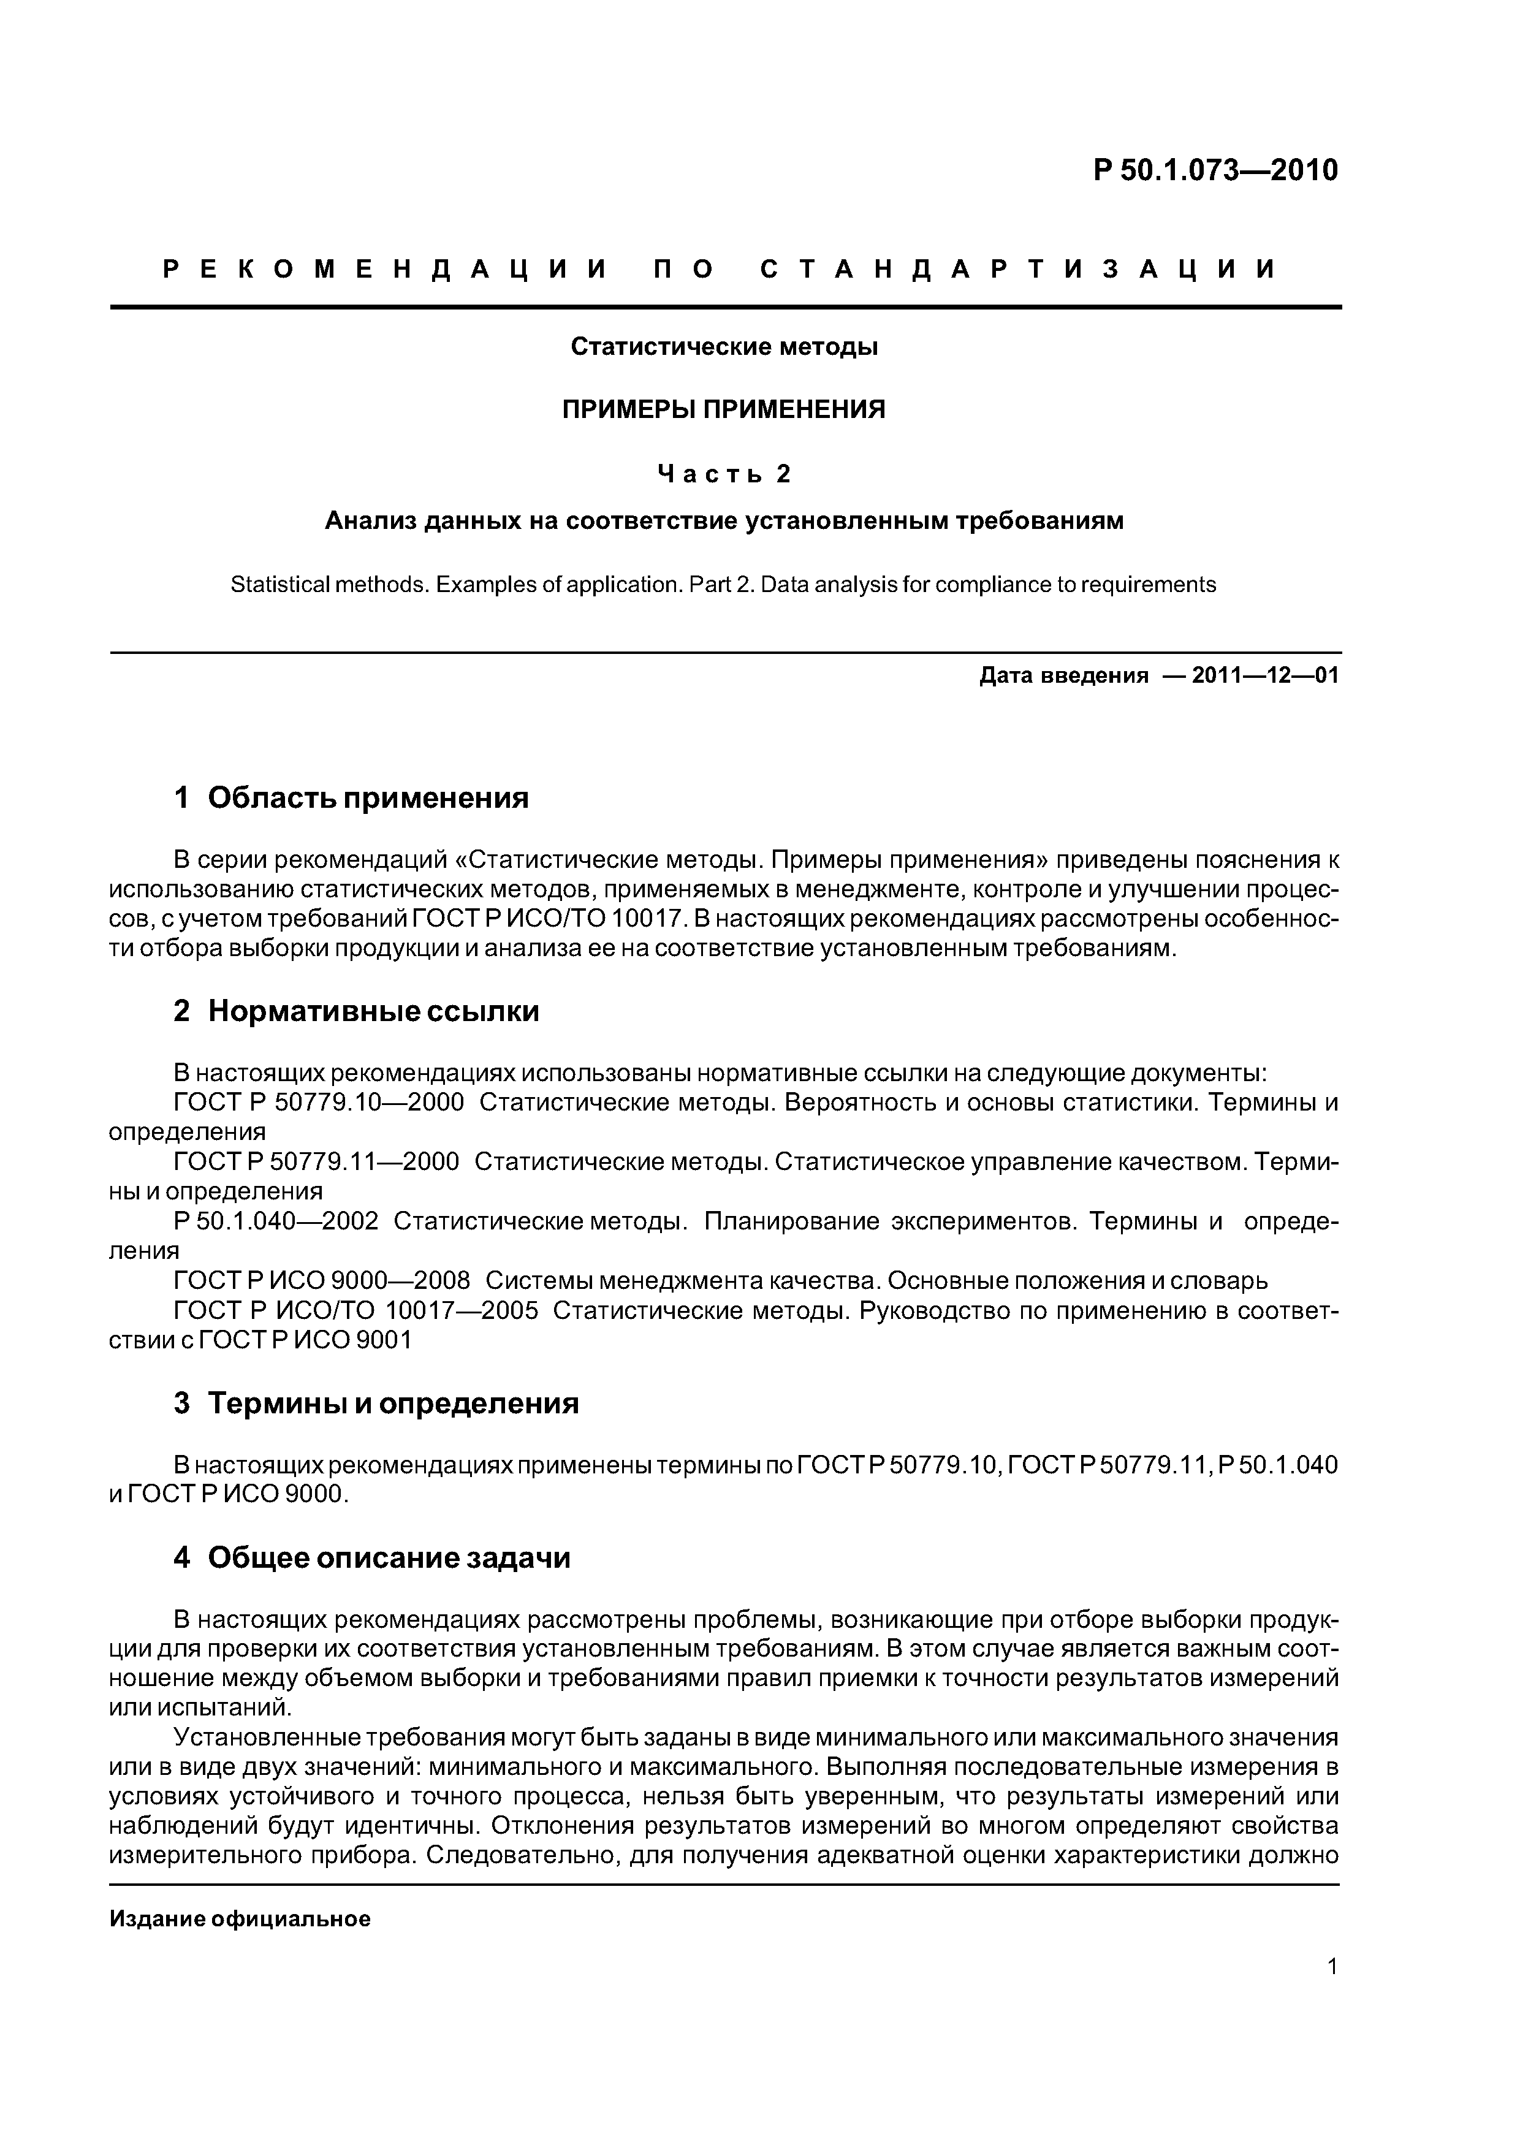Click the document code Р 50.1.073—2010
point(1215,170)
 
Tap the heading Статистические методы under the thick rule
point(724,346)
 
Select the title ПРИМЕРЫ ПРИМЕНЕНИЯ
point(723,409)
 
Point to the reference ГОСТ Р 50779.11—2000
point(316,1162)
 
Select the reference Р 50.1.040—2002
point(276,1221)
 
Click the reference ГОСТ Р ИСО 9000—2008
point(321,1280)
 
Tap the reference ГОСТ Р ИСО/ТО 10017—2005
point(356,1310)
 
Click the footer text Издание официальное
point(240,1919)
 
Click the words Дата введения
point(1063,675)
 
